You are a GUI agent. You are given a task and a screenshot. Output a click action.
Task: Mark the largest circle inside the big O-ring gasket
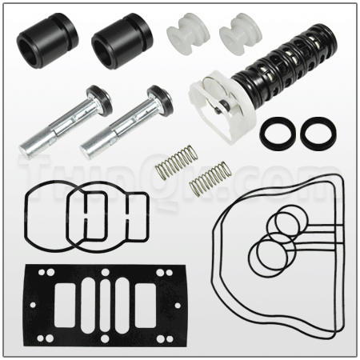point(265,255)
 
